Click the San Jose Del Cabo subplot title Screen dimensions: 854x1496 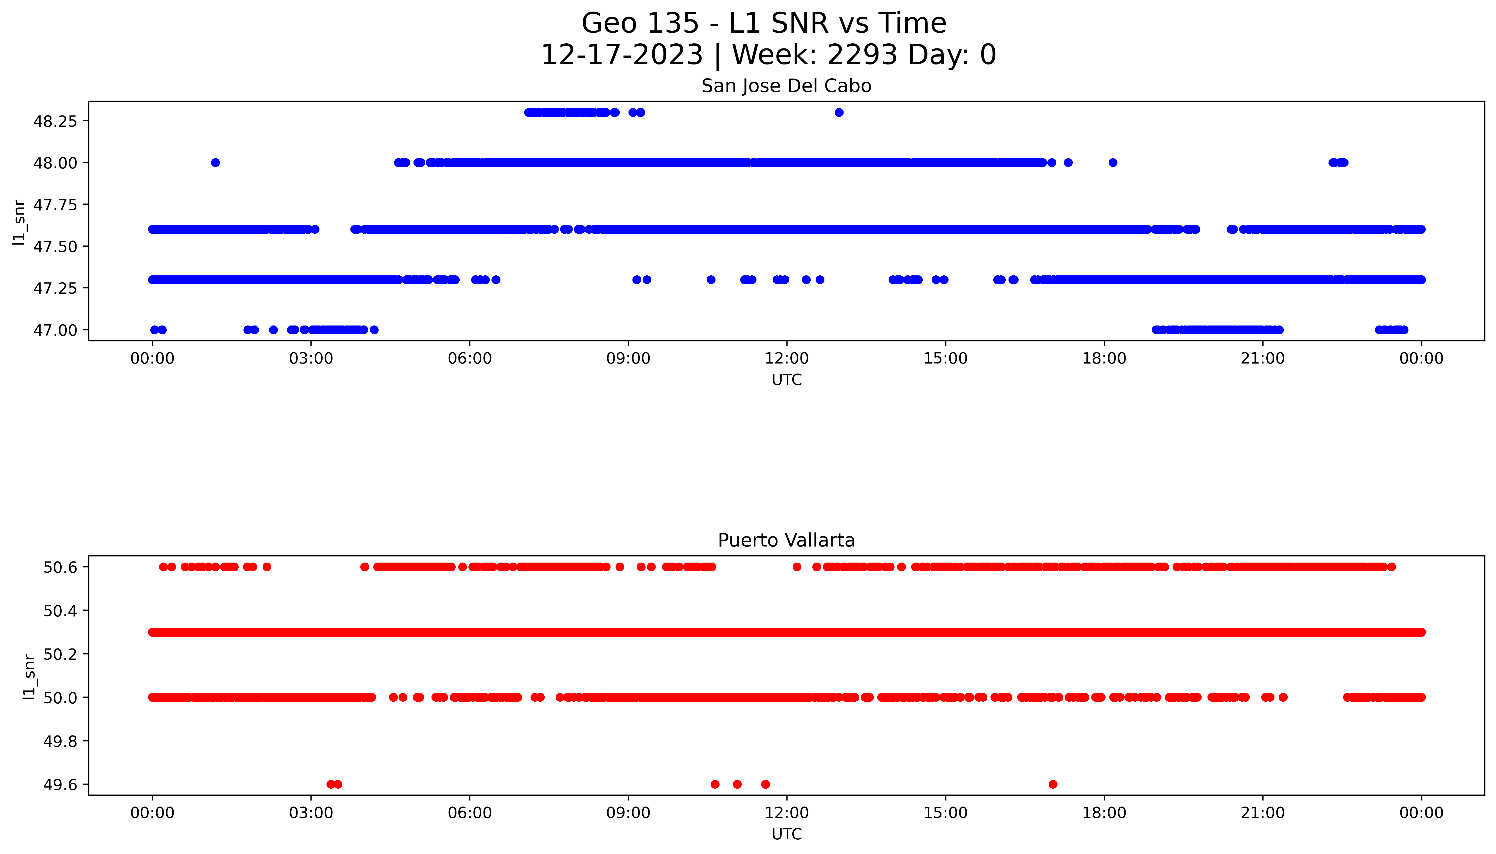[786, 86]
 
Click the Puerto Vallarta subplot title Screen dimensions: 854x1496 [786, 540]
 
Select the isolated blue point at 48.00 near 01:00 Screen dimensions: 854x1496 [215, 162]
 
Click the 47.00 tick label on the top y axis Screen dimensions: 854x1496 [55, 330]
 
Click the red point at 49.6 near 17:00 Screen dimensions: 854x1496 [1053, 784]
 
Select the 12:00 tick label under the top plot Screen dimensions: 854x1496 [787, 358]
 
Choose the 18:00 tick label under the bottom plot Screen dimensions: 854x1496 [1104, 813]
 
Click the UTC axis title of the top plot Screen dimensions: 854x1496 [786, 380]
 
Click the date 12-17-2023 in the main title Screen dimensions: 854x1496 [621, 55]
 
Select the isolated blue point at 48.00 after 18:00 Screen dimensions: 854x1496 [1113, 162]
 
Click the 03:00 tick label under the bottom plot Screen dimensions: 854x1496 [311, 813]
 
